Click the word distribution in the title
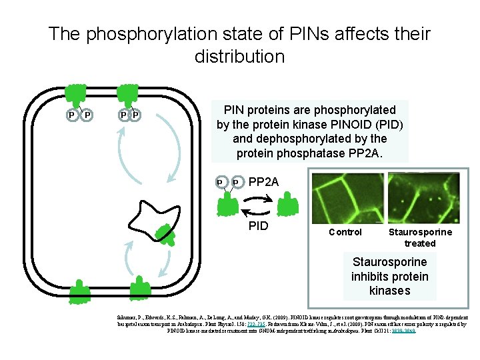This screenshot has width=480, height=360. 239,57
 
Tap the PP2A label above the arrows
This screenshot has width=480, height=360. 263,182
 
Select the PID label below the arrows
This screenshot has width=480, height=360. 258,227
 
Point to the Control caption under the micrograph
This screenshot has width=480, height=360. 345,232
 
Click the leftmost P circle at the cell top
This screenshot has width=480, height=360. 72,115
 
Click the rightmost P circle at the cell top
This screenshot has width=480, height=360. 137,115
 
